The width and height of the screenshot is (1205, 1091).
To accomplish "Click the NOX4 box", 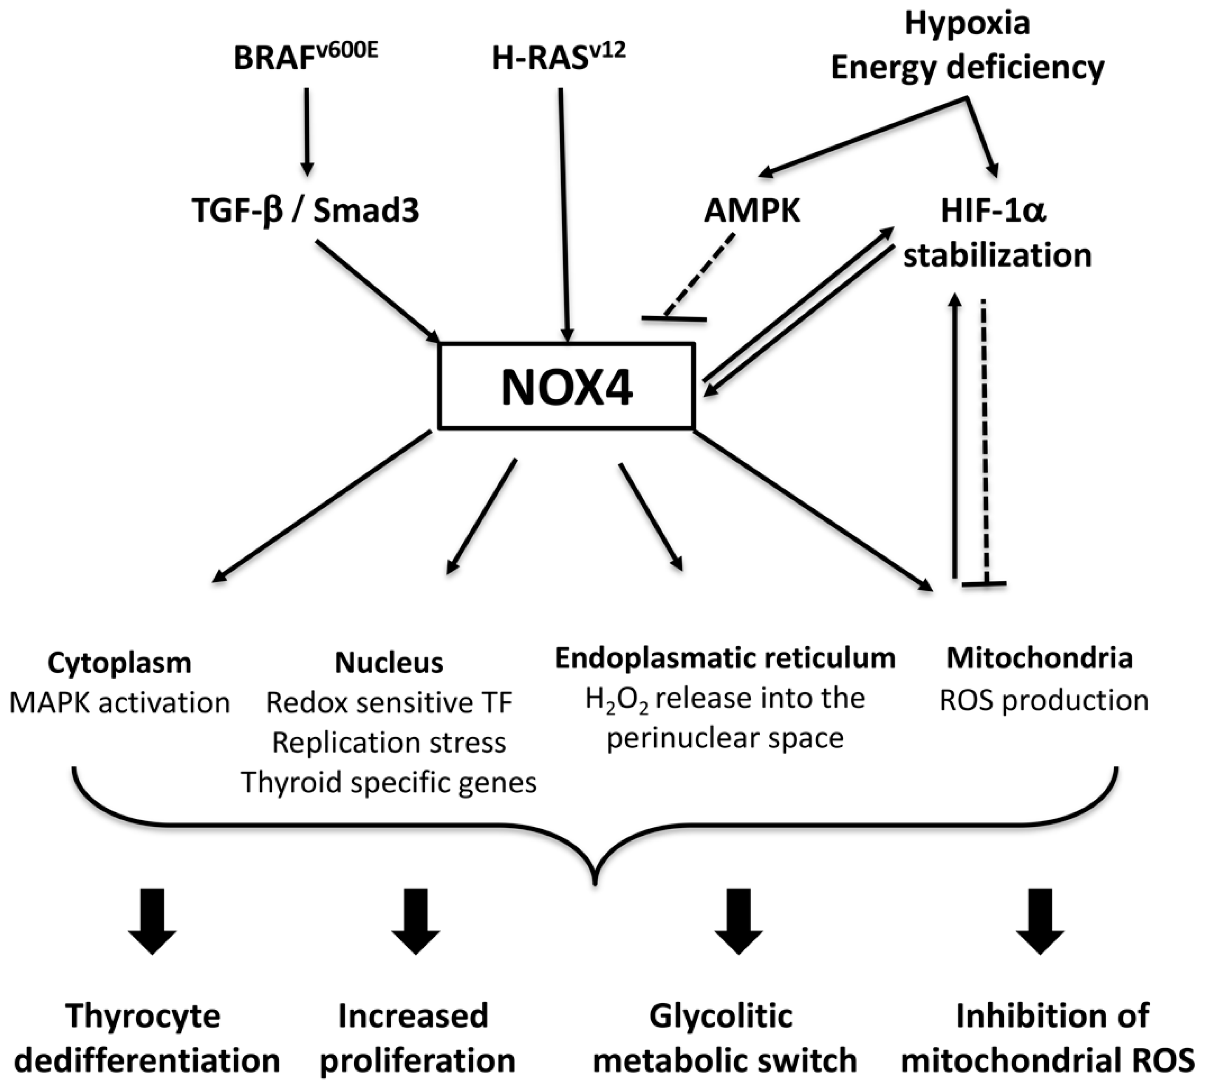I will coord(566,386).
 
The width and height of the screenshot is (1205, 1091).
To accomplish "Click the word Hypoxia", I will coord(967,24).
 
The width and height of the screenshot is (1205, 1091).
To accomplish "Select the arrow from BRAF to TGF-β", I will coord(307,132).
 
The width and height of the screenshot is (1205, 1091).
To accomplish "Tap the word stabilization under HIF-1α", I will coord(997,255).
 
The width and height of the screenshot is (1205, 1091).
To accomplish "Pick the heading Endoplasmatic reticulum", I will coord(725,658).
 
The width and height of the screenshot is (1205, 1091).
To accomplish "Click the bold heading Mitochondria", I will coord(1039,658).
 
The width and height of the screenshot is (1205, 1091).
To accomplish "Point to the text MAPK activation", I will coord(120,703).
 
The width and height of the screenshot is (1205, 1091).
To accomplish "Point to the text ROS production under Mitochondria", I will coord(1044,700).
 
